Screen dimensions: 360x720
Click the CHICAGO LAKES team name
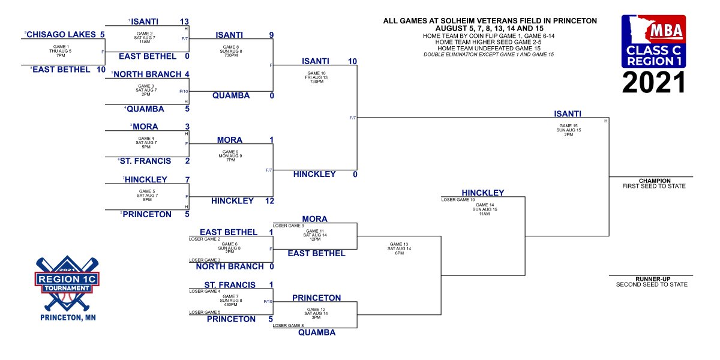[x=62, y=35]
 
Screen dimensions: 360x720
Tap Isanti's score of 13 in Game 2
[x=184, y=22]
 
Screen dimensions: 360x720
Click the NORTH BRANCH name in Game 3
[x=147, y=74]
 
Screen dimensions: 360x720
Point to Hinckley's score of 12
[x=269, y=200]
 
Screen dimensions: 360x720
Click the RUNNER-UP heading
[x=651, y=279]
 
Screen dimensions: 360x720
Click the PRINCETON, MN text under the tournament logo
[x=67, y=317]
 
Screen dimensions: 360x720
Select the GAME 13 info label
[x=399, y=244]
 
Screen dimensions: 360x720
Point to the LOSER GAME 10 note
[x=458, y=199]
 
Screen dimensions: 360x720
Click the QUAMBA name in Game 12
[x=317, y=332]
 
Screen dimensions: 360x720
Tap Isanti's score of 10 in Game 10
[x=352, y=61]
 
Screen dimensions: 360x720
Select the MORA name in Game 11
[x=315, y=219]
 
